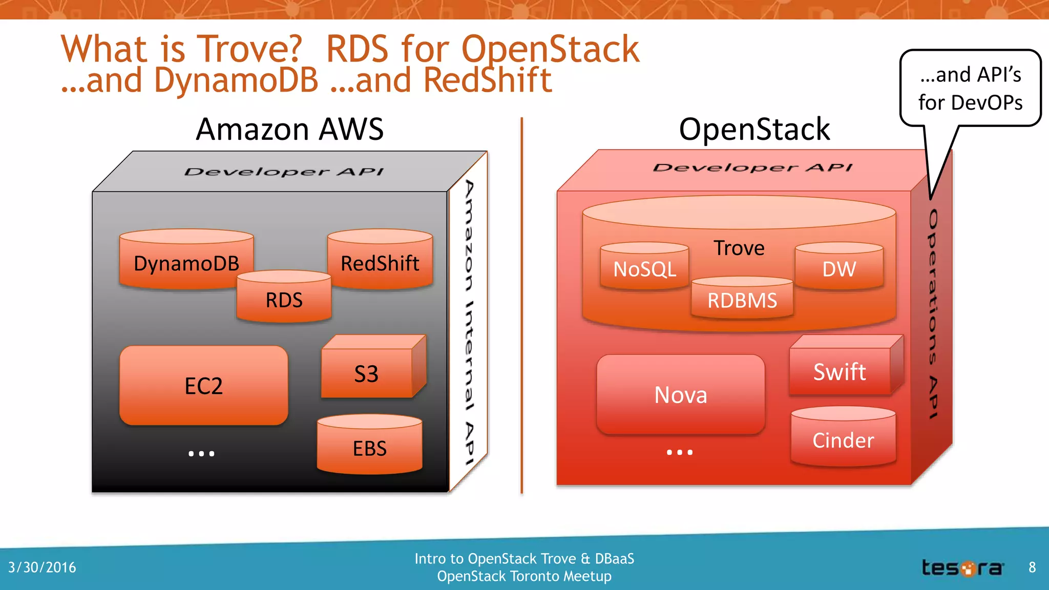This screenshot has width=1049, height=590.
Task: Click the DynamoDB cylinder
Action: pos(186,261)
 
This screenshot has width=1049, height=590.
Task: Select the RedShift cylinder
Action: pos(380,261)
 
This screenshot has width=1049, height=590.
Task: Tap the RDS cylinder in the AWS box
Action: pos(284,299)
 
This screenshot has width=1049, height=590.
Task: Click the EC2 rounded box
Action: pos(204,386)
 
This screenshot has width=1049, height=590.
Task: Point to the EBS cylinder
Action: pos(369,447)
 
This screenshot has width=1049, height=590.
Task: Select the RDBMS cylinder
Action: pos(742,300)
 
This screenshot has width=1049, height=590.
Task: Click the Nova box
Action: pos(681,395)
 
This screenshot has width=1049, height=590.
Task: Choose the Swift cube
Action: pos(840,371)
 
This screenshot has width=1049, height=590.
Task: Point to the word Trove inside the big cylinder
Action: pos(739,248)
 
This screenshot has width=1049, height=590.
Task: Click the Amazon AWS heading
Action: pos(290,129)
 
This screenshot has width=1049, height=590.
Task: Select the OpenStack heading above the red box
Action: pos(754,129)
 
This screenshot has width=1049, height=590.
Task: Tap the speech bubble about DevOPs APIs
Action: pos(970,88)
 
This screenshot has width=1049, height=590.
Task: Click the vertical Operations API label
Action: pos(933,313)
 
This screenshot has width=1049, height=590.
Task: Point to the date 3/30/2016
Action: pos(42,567)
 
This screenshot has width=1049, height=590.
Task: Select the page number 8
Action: pos(1032,567)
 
